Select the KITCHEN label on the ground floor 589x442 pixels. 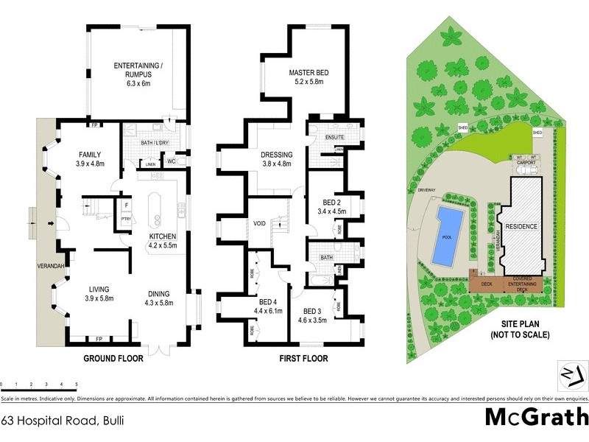tap(163, 236)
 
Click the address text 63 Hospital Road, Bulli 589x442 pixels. tap(62, 421)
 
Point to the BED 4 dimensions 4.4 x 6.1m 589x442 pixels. tap(269, 311)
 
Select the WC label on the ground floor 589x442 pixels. tap(170, 160)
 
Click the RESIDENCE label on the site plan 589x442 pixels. tap(521, 226)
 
